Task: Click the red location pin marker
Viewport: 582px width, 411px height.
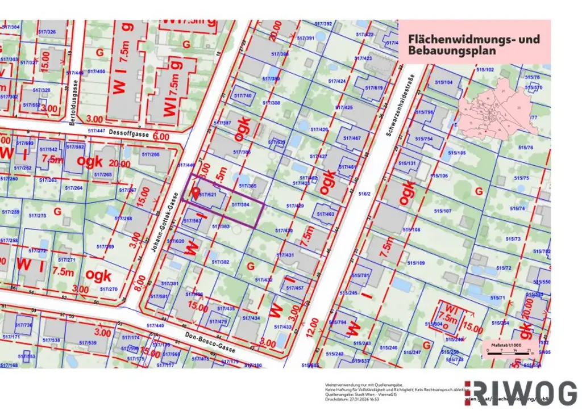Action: point(197,193)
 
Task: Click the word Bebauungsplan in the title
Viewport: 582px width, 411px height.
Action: point(452,51)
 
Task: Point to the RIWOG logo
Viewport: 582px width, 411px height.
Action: point(521,393)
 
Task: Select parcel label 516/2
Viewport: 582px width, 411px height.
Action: point(364,194)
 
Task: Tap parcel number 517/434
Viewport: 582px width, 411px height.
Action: point(252,318)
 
